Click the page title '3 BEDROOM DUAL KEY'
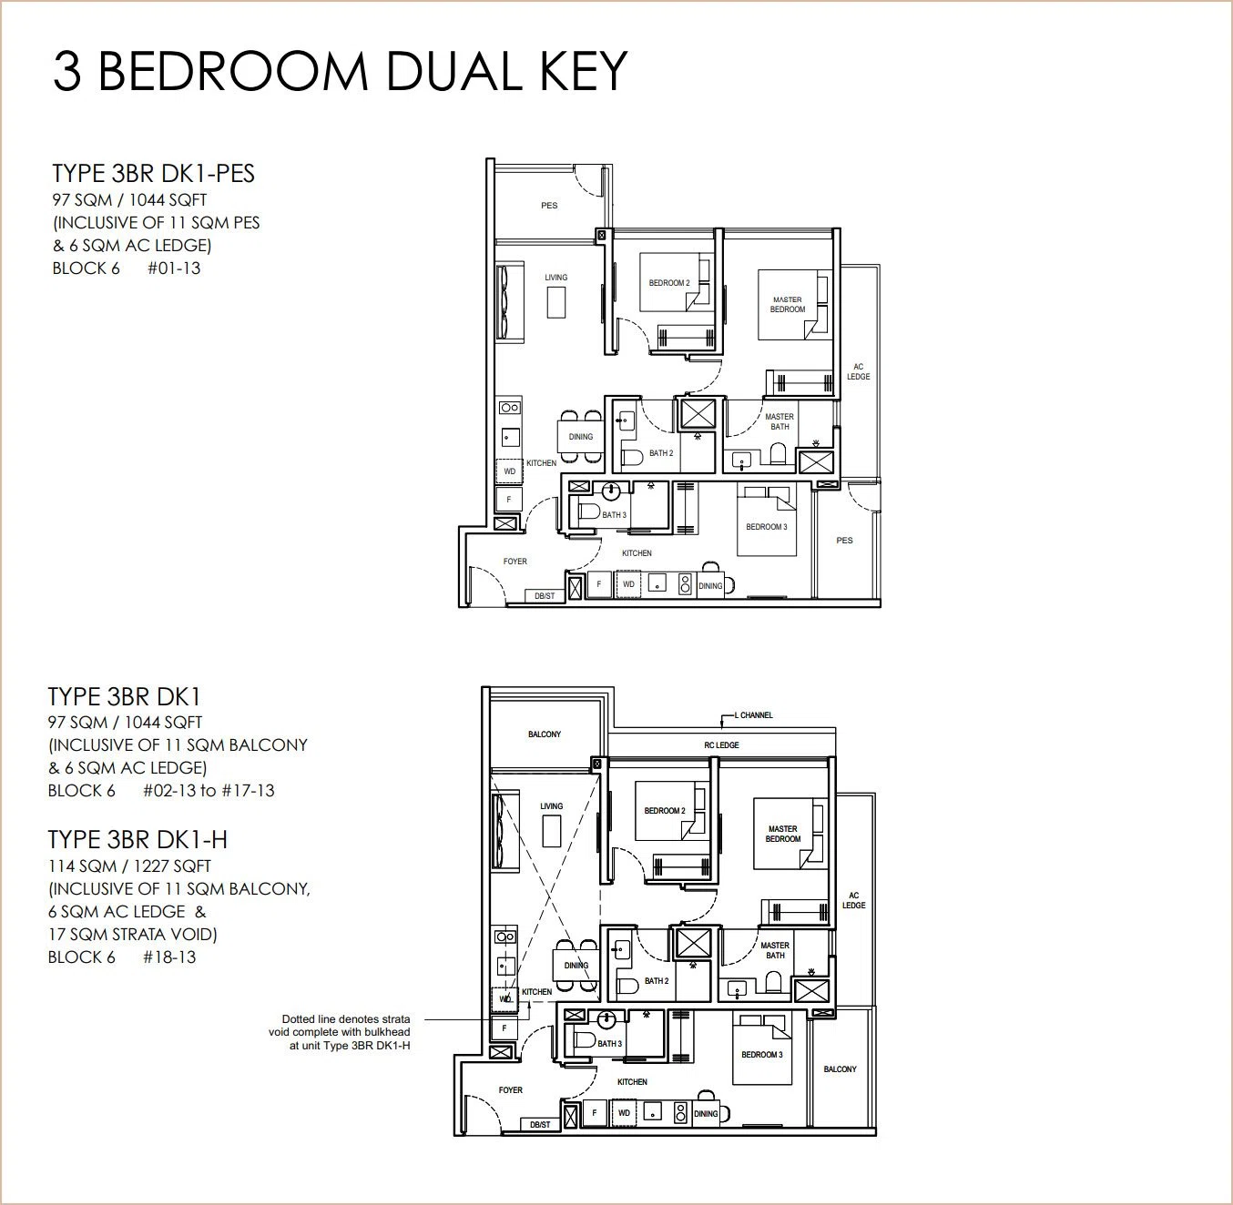point(341,71)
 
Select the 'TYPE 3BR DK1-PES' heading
point(153,174)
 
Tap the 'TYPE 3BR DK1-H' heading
point(138,840)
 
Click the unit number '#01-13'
point(174,268)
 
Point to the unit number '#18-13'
point(169,957)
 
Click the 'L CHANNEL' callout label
point(753,714)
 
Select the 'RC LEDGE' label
point(722,745)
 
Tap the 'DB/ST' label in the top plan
point(545,596)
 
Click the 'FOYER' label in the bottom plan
point(511,1090)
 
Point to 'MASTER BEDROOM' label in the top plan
point(788,305)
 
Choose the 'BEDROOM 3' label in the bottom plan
point(762,1055)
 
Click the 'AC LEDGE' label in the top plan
point(859,371)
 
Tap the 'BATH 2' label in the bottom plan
point(657,981)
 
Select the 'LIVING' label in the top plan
point(556,278)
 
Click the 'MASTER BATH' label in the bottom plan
point(775,950)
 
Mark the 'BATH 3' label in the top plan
point(614,515)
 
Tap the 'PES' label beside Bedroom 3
point(844,540)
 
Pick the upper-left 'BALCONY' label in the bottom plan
point(545,734)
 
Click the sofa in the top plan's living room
point(510,304)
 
